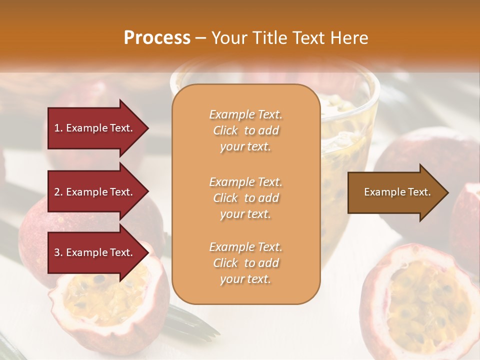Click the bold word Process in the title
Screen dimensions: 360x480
point(157,38)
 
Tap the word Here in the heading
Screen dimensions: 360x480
point(349,38)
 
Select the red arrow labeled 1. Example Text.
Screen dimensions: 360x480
point(95,128)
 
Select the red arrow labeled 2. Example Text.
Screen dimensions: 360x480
point(95,192)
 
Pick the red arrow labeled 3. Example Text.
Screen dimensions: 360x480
point(95,252)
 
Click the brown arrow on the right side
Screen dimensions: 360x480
point(395,192)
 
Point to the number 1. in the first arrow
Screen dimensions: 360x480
point(58,128)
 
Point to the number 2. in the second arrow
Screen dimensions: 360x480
point(58,192)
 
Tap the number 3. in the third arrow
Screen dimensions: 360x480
point(58,252)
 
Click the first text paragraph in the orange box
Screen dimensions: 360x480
point(245,130)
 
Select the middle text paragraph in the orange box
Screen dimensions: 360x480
point(245,198)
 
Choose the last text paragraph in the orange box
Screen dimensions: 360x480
point(245,263)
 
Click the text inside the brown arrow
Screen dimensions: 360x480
point(397,192)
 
